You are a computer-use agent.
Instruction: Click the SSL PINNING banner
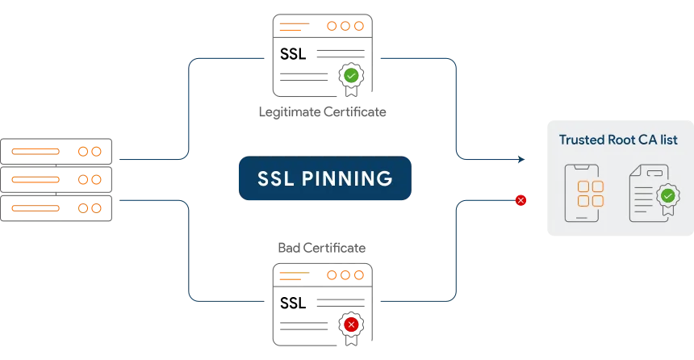coord(325,178)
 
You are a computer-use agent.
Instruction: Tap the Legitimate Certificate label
coord(322,112)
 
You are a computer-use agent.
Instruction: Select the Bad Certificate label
coord(322,248)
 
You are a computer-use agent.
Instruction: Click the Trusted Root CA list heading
coord(618,140)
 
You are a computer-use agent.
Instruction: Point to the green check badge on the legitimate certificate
coord(351,76)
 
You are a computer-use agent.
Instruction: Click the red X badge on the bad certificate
coord(351,325)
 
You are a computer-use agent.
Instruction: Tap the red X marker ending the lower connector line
coord(521,201)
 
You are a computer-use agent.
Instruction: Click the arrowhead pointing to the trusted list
coord(521,159)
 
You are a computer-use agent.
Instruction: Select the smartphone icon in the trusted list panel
coord(582,193)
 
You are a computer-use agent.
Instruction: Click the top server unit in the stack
coord(56,152)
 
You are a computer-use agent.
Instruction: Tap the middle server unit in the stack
coord(56,180)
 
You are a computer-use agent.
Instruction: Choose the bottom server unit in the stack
coord(56,208)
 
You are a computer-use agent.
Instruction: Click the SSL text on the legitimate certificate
coord(293,54)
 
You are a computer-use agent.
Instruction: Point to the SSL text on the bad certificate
coord(293,303)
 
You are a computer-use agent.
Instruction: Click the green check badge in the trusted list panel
coord(668,195)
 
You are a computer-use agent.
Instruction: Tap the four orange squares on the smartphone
coord(591,194)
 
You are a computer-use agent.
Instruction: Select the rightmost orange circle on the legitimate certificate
coord(359,26)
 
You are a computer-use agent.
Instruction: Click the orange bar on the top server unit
coord(36,152)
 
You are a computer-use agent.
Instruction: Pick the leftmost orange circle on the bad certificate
coord(332,275)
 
